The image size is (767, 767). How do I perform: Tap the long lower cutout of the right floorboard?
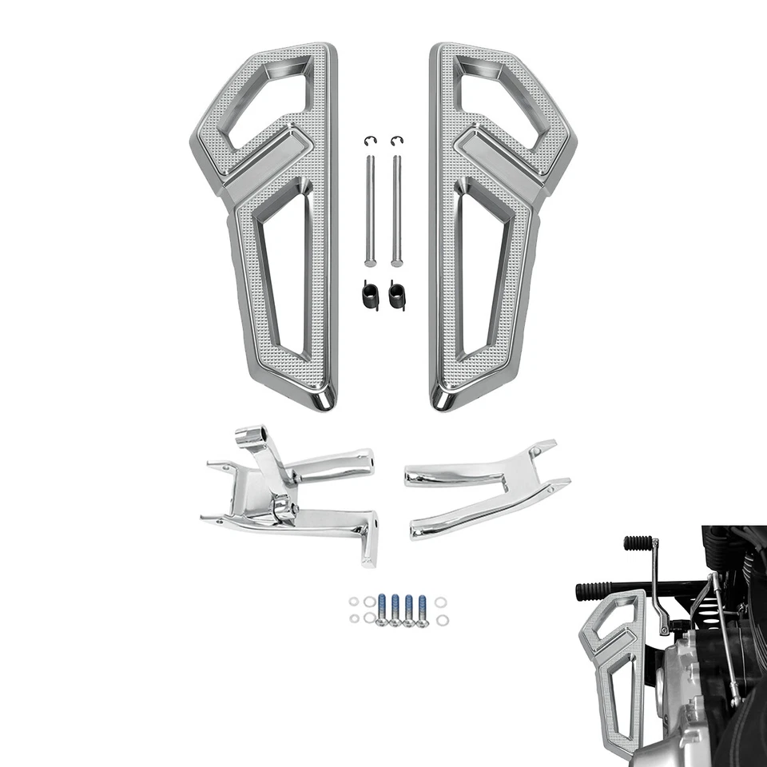pyautogui.click(x=483, y=272)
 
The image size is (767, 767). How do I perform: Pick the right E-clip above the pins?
pyautogui.click(x=396, y=141)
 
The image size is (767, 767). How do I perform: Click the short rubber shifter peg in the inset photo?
pyautogui.click(x=638, y=542)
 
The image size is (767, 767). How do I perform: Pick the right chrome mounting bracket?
pyautogui.click(x=487, y=487)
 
